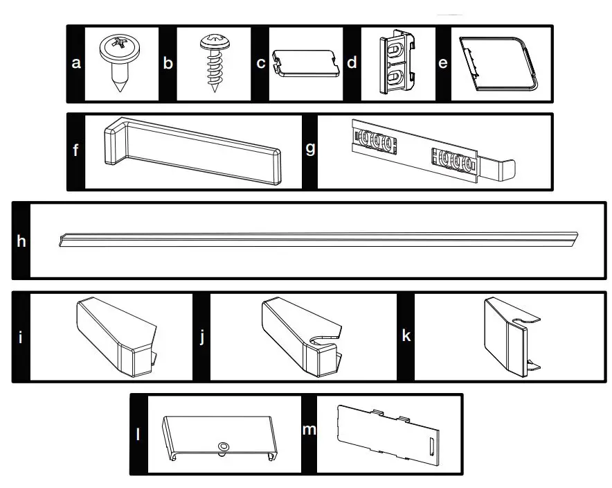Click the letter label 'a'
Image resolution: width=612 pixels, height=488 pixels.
coord(76,63)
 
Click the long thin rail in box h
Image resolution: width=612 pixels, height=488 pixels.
coord(318,240)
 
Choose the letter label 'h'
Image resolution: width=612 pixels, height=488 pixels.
coord(21,241)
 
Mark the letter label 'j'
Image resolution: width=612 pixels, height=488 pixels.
coord(202,338)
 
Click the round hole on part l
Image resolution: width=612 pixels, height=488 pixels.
coord(224,444)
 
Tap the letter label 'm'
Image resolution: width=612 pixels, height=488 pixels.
coord(308,430)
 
